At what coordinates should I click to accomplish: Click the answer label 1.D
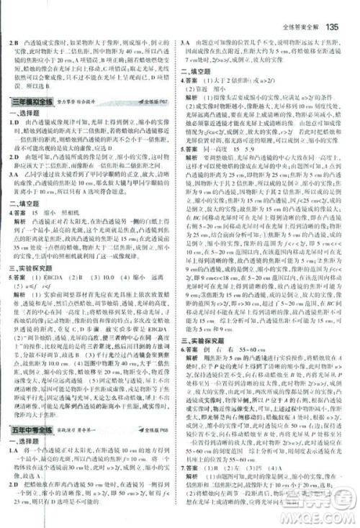[13, 124]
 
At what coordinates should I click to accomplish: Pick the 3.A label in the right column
[187, 70]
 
